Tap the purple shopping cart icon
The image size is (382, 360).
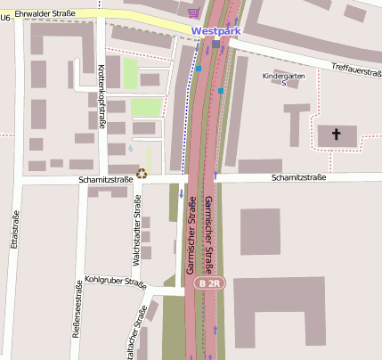(195, 12)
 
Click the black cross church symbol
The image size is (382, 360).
(336, 135)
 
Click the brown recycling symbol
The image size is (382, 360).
(142, 173)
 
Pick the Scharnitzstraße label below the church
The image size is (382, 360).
(298, 178)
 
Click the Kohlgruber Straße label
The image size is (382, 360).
(115, 282)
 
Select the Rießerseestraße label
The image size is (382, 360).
(77, 317)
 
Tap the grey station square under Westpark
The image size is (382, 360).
(215, 43)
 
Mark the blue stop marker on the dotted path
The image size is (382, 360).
(199, 68)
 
